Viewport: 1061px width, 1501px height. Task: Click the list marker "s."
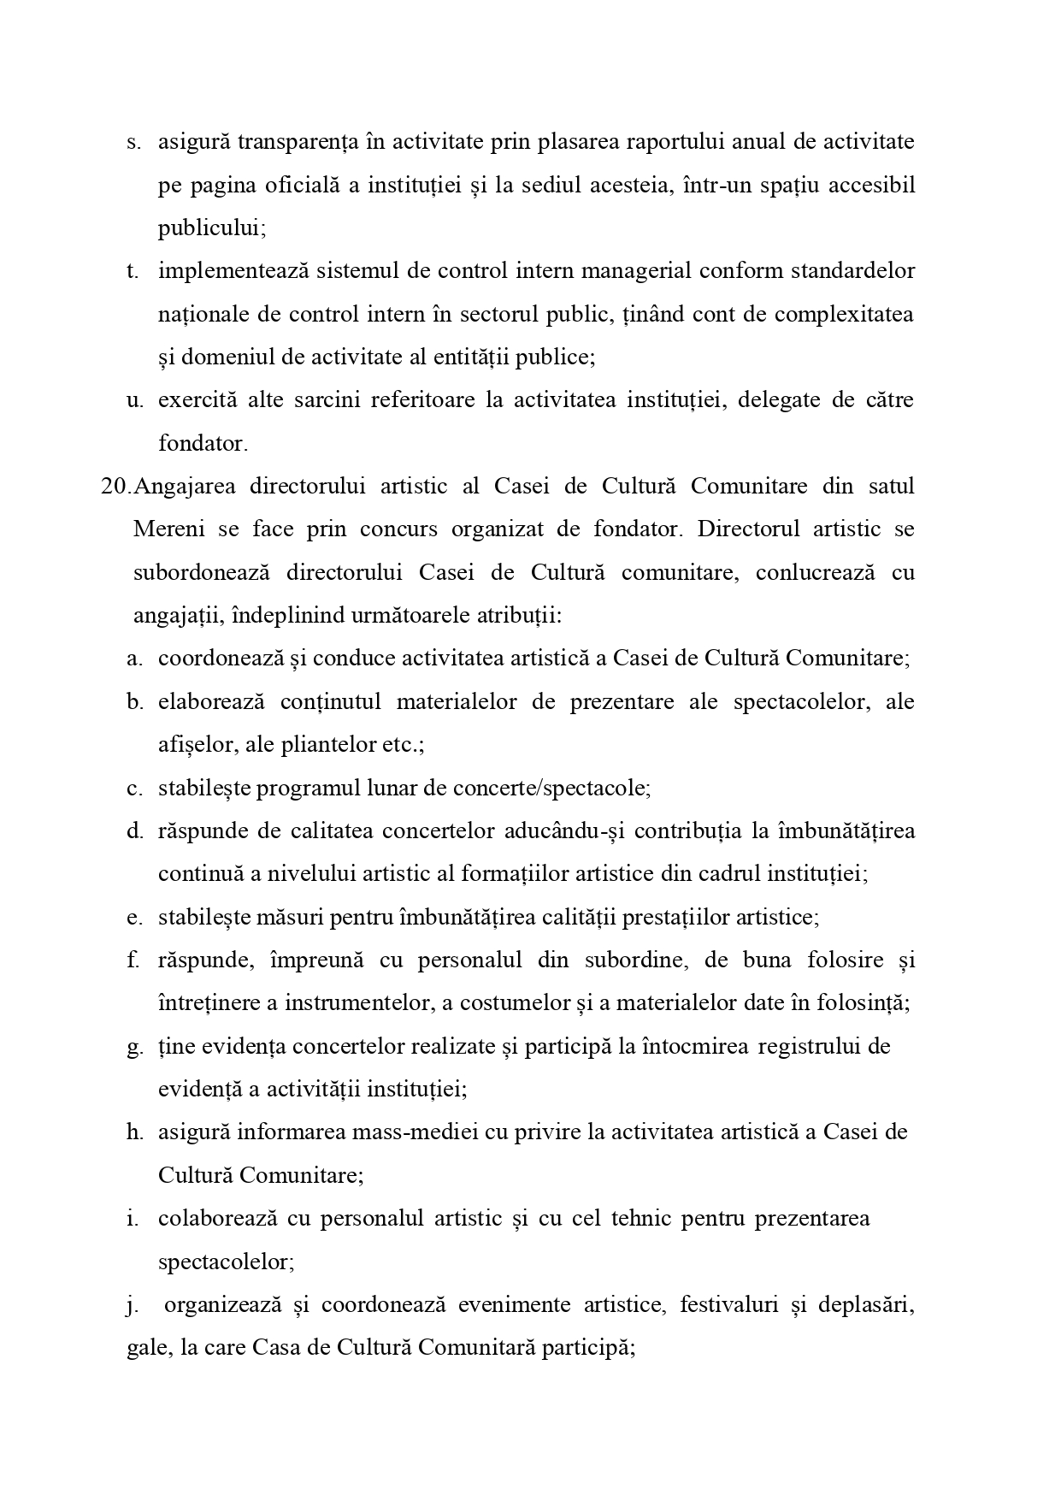tap(133, 142)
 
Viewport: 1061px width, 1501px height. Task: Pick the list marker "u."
tap(134, 400)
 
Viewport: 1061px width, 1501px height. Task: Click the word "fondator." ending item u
tap(203, 443)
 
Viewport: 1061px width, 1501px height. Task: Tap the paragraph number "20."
tap(116, 487)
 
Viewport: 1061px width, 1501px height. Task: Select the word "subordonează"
tap(201, 572)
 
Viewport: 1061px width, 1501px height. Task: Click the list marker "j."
tap(132, 1305)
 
